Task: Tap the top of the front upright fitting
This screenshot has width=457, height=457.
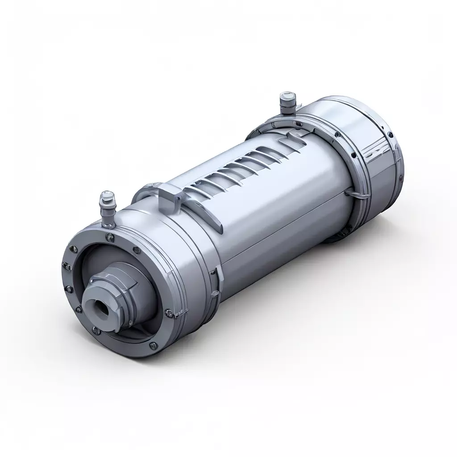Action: click(x=107, y=195)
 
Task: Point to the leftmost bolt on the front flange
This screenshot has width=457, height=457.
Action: click(x=65, y=266)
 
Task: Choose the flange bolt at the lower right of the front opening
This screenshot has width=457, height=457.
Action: click(x=169, y=313)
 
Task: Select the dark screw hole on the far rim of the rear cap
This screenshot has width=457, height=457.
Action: click(x=390, y=134)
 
